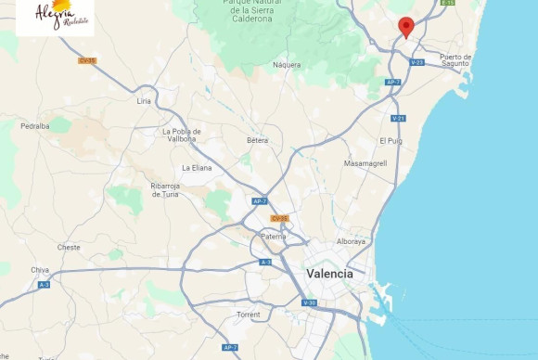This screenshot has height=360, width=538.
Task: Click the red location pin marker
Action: click(x=405, y=27)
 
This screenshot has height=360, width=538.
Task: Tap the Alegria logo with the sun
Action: click(x=55, y=15)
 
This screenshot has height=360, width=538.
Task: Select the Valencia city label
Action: click(x=329, y=274)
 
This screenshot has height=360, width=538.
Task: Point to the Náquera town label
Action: click(x=287, y=65)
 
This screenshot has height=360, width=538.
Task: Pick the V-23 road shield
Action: click(x=417, y=62)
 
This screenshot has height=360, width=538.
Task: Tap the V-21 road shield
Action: click(x=399, y=118)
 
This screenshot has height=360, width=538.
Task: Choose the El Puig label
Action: click(x=391, y=140)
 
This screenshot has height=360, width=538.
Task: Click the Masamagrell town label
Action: click(x=365, y=163)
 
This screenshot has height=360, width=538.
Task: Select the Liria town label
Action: click(x=144, y=100)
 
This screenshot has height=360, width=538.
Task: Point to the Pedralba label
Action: click(x=35, y=125)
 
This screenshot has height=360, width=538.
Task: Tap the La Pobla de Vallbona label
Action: click(x=181, y=135)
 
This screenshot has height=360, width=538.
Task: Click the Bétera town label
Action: click(x=257, y=140)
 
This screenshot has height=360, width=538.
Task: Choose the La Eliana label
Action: click(x=197, y=168)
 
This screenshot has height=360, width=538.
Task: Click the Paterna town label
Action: click(x=274, y=237)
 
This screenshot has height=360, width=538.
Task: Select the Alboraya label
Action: click(x=351, y=241)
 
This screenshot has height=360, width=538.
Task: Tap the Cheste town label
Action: click(x=69, y=247)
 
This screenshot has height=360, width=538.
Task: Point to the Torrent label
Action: click(x=249, y=315)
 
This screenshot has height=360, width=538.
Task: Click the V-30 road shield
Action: click(x=311, y=302)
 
